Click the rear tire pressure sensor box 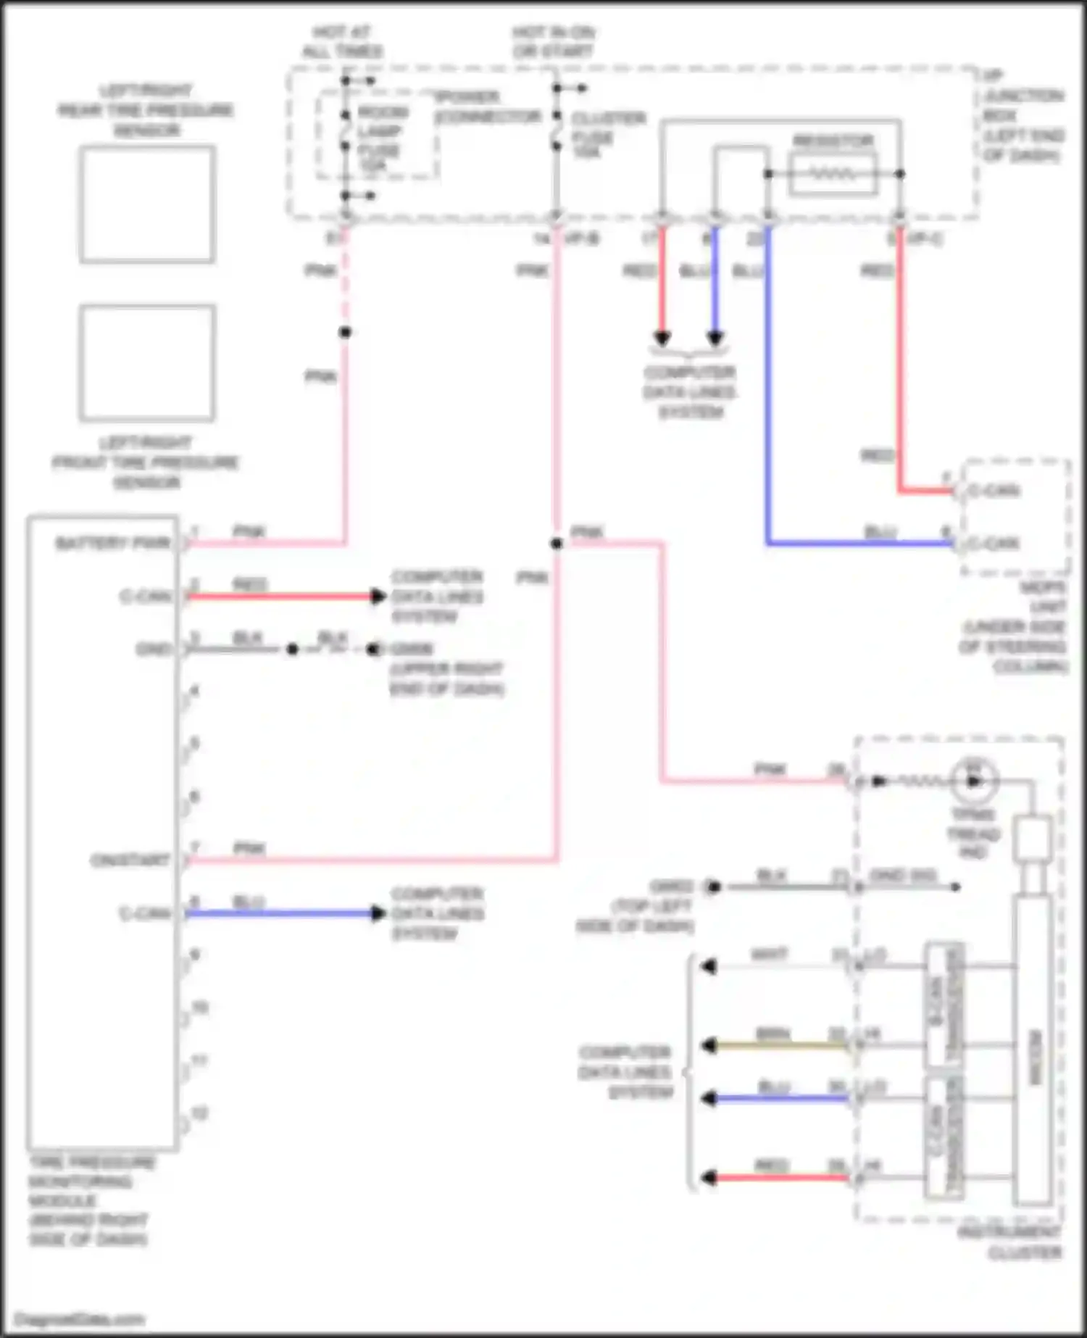coord(146,204)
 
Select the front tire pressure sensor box coord(146,362)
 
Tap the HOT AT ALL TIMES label coord(341,42)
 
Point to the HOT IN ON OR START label coord(554,42)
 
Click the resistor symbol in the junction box coord(833,174)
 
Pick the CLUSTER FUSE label coord(607,135)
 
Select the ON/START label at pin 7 coord(130,860)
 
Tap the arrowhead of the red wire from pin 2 coord(378,597)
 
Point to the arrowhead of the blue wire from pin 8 coord(378,913)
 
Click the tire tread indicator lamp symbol coord(974,781)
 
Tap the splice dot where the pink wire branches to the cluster coord(556,544)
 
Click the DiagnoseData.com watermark coord(80,1319)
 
